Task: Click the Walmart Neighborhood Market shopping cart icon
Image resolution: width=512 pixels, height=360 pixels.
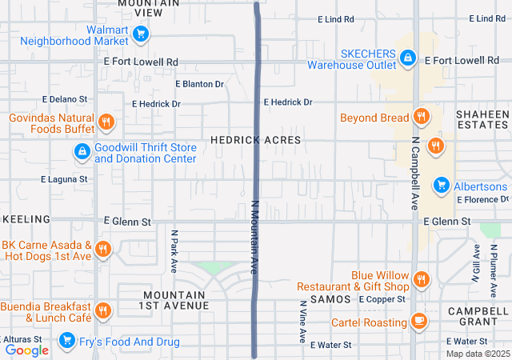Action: pyautogui.click(x=141, y=34)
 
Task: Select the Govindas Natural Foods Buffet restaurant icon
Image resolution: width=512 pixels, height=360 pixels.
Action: pyautogui.click(x=106, y=122)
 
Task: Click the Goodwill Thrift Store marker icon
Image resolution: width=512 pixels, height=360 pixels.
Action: pyautogui.click(x=82, y=151)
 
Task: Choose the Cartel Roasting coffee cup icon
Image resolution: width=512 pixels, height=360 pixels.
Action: pyautogui.click(x=418, y=321)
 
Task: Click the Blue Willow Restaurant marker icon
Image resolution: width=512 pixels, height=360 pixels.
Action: pyautogui.click(x=422, y=280)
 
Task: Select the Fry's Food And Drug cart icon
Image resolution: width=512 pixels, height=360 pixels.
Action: pyautogui.click(x=67, y=343)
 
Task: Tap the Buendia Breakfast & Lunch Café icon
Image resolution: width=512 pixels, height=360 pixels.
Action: pyautogui.click(x=102, y=311)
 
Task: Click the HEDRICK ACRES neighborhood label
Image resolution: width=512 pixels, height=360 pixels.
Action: pyautogui.click(x=255, y=140)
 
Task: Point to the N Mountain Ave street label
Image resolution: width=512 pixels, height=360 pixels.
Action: pyautogui.click(x=256, y=238)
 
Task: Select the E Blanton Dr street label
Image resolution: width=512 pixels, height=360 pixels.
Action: pyautogui.click(x=199, y=83)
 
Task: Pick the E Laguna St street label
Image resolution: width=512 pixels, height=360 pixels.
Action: pyautogui.click(x=64, y=179)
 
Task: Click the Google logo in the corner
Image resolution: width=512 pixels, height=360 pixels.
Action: pyautogui.click(x=26, y=350)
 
